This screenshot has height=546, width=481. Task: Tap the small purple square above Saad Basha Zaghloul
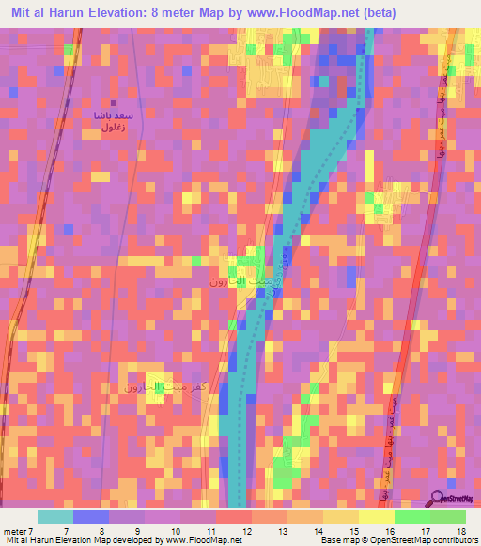pos(114,104)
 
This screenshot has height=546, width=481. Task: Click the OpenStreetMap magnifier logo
pos(439,497)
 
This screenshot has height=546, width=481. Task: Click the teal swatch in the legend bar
pos(55,517)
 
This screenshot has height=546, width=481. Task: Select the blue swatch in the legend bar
pos(91,517)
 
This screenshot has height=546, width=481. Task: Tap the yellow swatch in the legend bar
pos(376,517)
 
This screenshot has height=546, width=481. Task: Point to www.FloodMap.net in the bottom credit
pos(202,540)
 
